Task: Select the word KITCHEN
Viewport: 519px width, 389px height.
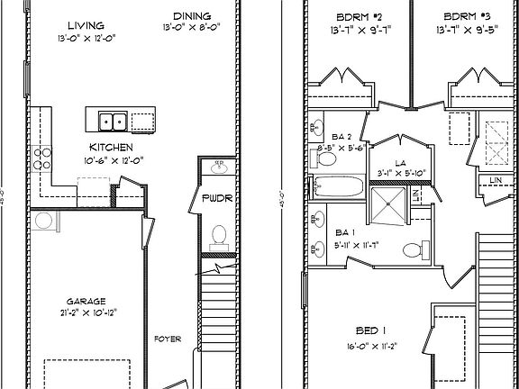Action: (x=112, y=147)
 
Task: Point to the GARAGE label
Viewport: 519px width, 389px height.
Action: (x=86, y=301)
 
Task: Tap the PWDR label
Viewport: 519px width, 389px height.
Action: (x=216, y=198)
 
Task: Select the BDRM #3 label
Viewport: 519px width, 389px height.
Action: (x=466, y=17)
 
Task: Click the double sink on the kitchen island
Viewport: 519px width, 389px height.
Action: (x=113, y=121)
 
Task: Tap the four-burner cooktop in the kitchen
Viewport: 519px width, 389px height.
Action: (x=41, y=159)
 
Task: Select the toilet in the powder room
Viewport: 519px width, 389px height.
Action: (x=217, y=236)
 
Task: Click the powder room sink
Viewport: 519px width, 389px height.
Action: (x=217, y=168)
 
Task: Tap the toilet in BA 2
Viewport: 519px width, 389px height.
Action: (x=325, y=159)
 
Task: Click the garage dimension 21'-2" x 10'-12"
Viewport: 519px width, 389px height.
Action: (x=86, y=312)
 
